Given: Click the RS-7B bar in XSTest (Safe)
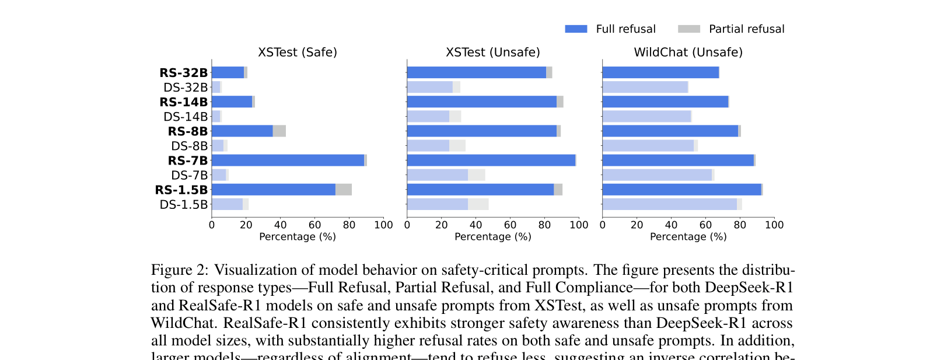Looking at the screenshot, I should [288, 160].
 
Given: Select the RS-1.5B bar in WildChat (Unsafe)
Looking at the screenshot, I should [681, 190].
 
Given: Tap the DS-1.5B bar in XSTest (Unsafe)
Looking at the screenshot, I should [438, 204].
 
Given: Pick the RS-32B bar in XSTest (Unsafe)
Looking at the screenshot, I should [476, 72].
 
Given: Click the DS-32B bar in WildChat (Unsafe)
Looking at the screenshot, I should [645, 87].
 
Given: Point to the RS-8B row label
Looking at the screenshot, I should [187, 131].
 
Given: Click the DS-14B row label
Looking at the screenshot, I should [186, 117].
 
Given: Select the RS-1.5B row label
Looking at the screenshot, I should [181, 190].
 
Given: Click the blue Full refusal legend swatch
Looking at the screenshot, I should [575, 29].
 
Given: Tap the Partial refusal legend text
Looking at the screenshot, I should [746, 29].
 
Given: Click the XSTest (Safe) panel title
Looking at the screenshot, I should [298, 53].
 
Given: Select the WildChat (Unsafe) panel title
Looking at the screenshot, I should [688, 53].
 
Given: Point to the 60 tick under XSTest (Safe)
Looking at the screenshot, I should [314, 225].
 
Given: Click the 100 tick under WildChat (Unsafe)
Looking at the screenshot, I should [774, 225].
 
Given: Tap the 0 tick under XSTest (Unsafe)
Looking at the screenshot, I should [407, 225].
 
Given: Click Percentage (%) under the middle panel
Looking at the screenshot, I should [492, 237].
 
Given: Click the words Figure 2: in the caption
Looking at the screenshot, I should [179, 270].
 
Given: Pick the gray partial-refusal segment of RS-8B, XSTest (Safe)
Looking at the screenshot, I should [279, 131].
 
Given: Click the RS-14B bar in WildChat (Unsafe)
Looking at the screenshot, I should [665, 102].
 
